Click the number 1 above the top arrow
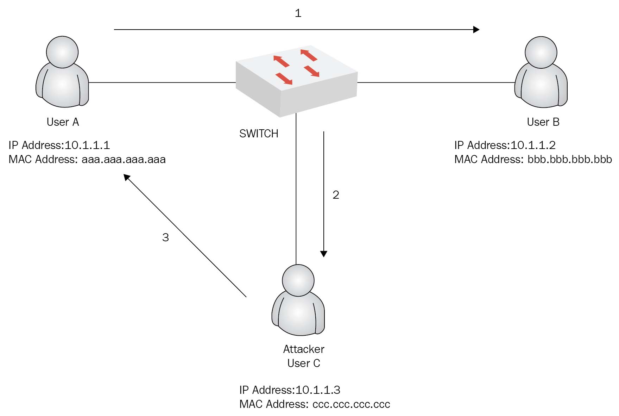pos(298,13)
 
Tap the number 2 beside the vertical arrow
pos(336,195)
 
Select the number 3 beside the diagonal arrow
pos(165,237)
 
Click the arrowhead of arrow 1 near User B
pos(476,30)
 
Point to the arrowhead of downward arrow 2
pos(324,254)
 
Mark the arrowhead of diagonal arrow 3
pos(127,177)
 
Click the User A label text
pos(63,122)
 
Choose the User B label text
pos(543,122)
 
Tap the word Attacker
pos(304,349)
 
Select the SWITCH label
pos(259,134)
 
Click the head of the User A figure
pos(62,52)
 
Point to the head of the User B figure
pos(541,52)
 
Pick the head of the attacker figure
pos(298,280)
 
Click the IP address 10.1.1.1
pos(87,145)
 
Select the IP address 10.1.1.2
pos(533,145)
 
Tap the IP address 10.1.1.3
pos(318,390)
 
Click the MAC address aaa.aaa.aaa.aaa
pos(124,160)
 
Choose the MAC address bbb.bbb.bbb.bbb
pos(569,160)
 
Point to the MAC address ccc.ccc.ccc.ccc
pos(351,404)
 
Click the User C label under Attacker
pos(304,363)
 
